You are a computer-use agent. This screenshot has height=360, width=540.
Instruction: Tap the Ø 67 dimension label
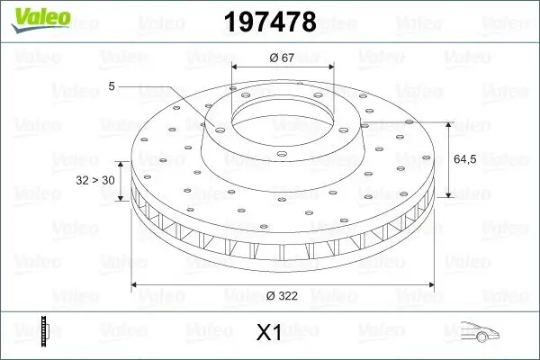pos(283,58)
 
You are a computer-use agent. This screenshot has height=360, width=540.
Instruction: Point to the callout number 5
pos(112,85)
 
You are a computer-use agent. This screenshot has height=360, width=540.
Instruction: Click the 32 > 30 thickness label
pos(95,180)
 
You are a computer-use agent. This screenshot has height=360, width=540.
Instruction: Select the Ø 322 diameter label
pos(283,294)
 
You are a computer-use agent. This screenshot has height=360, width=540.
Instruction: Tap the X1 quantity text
pos(269,333)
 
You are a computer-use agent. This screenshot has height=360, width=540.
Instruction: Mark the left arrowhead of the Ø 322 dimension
pos(136,284)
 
